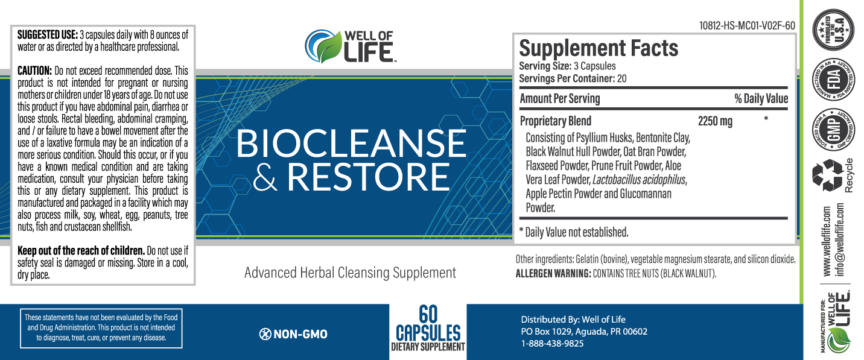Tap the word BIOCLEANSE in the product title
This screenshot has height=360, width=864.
(351, 144)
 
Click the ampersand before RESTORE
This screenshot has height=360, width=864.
(265, 177)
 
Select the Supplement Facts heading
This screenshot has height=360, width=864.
(599, 48)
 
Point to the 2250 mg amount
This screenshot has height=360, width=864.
(715, 121)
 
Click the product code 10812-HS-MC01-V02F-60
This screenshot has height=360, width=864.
(747, 25)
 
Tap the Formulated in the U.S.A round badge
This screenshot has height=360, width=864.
(833, 30)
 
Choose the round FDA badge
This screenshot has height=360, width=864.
(833, 80)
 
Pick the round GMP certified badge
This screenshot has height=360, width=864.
(833, 129)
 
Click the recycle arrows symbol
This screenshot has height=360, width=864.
(827, 175)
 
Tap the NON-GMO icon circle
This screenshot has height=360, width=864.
(265, 334)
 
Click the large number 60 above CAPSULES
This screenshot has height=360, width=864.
(428, 315)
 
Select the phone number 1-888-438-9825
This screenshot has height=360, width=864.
(552, 344)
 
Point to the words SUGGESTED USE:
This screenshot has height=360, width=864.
(48, 35)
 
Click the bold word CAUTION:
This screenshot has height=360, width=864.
(34, 71)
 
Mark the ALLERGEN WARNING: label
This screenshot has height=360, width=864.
(553, 274)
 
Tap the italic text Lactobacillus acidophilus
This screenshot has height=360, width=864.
(639, 180)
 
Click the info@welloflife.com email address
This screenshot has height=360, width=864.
(840, 239)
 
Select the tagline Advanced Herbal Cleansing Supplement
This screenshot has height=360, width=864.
(350, 273)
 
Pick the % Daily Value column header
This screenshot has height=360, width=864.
(761, 99)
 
